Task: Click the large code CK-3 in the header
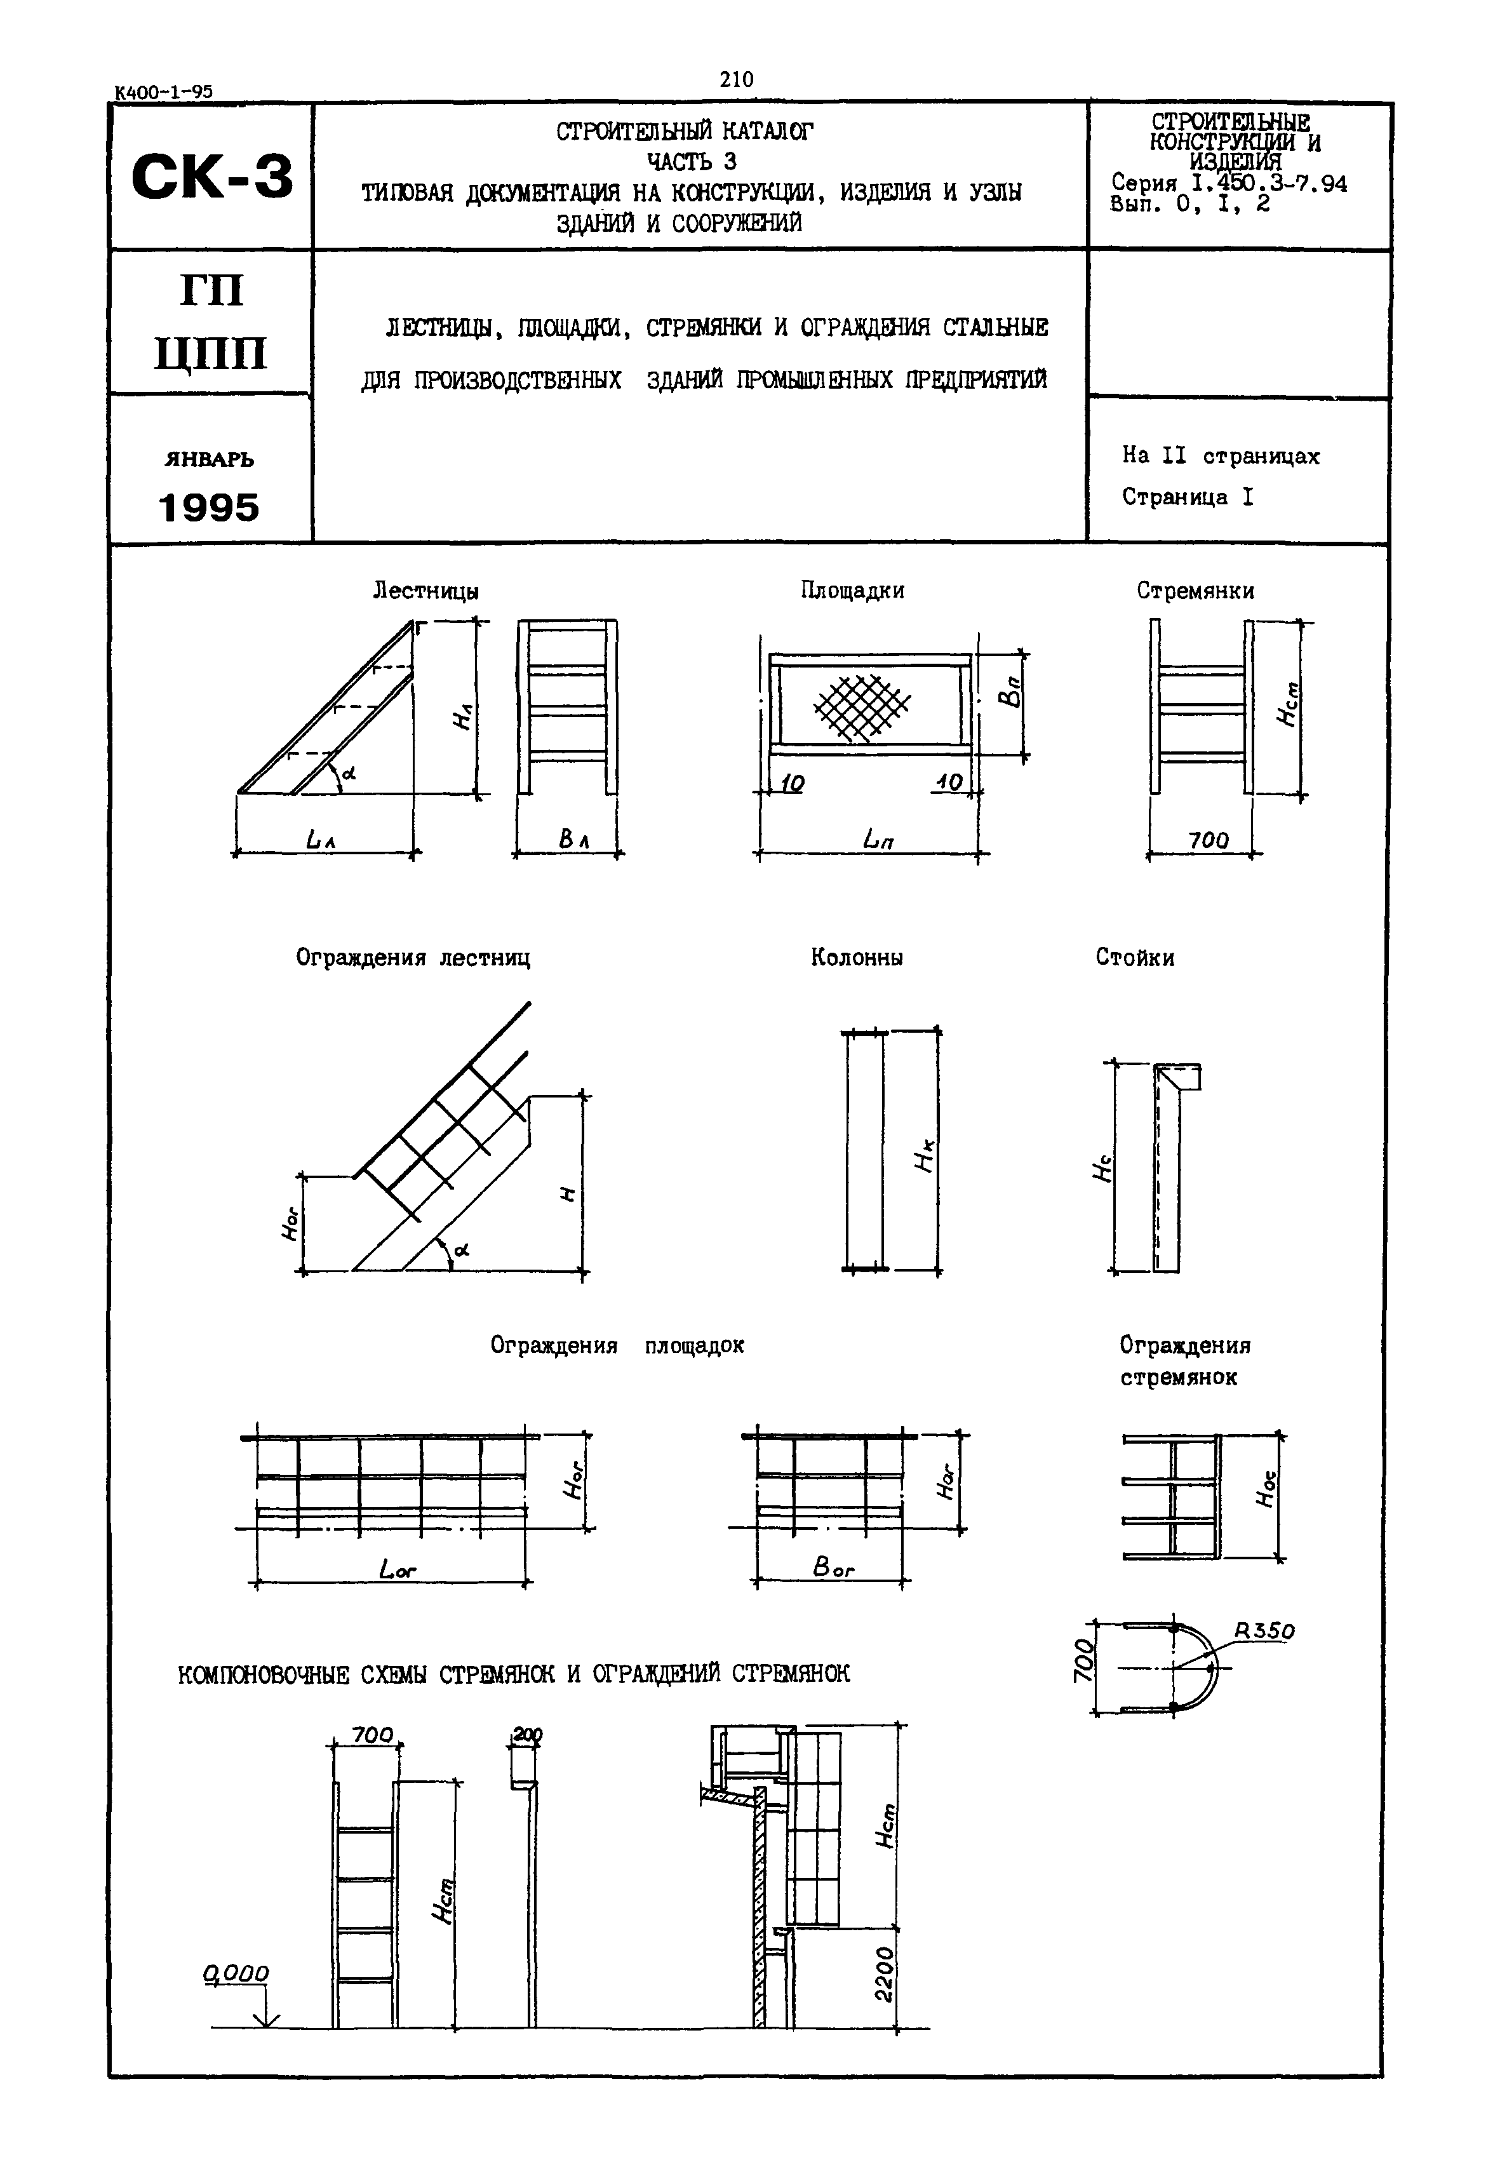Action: tap(211, 177)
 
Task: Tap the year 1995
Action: tap(209, 509)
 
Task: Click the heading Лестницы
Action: tap(425, 591)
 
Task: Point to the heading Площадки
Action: tap(852, 590)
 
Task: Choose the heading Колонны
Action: tap(856, 958)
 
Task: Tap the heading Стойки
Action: tap(1134, 958)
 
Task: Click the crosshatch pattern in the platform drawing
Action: tap(861, 707)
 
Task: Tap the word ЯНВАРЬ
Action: tap(209, 460)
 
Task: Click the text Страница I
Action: tap(1187, 497)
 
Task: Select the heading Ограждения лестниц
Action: tap(413, 958)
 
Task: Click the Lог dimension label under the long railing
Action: tap(398, 1569)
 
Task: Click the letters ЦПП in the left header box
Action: tap(211, 355)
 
